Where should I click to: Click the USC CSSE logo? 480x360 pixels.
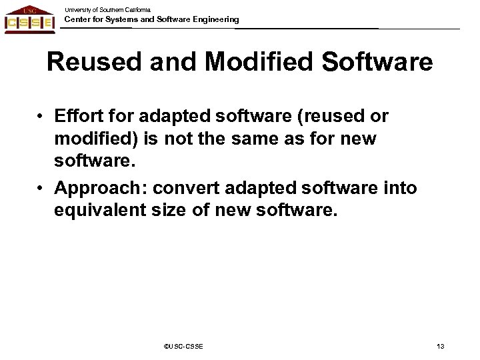(x=29, y=19)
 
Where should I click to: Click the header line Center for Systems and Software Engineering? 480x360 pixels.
(x=151, y=20)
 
